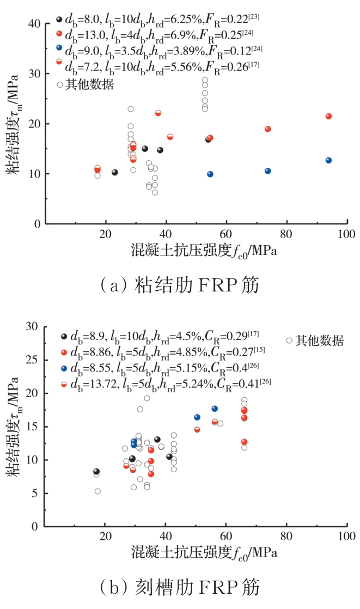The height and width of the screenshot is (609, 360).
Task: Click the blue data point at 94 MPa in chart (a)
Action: pyautogui.click(x=328, y=160)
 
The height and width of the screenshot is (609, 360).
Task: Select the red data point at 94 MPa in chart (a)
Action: pyautogui.click(x=328, y=116)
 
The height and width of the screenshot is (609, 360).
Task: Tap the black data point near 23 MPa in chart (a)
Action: pyautogui.click(x=115, y=172)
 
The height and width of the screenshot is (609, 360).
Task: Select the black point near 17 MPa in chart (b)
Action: pyautogui.click(x=96, y=472)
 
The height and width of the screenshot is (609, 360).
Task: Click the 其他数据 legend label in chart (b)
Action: pyautogui.click(x=319, y=341)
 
